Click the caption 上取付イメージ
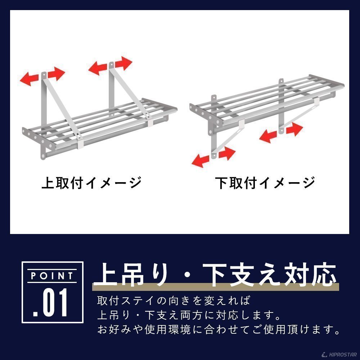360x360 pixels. pyautogui.click(x=91, y=183)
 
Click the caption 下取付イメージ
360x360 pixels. pyautogui.click(x=265, y=183)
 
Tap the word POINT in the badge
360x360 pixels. pyautogui.click(x=52, y=276)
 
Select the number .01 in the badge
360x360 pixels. pyautogui.click(x=50, y=303)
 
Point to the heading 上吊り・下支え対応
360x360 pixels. pyautogui.click(x=215, y=275)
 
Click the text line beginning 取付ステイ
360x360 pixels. pyautogui.click(x=174, y=301)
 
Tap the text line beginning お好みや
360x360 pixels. pyautogui.click(x=219, y=329)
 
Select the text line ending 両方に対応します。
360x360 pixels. pyautogui.click(x=189, y=315)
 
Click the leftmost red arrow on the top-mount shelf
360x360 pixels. pyautogui.click(x=29, y=79)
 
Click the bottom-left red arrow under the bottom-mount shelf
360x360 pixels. pyautogui.click(x=200, y=161)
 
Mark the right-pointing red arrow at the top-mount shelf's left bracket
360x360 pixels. pyautogui.click(x=56, y=73)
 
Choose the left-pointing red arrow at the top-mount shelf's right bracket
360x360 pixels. pyautogui.click(x=98, y=68)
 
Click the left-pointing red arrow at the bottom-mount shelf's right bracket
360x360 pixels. pyautogui.click(x=268, y=136)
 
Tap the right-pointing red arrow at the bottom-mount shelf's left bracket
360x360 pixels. pyautogui.click(x=227, y=153)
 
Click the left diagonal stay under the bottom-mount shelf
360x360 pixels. pyautogui.click(x=227, y=139)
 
